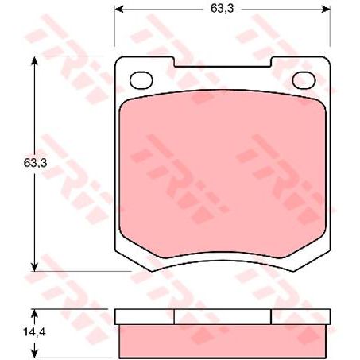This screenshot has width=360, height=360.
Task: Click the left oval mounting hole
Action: [141, 79]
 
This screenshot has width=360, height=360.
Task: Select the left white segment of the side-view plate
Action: [144, 317]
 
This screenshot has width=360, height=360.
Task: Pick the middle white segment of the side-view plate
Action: [222, 317]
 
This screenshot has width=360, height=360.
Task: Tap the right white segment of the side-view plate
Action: [299, 317]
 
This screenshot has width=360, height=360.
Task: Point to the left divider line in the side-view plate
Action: [173, 317]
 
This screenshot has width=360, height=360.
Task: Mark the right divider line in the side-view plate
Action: [271, 317]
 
